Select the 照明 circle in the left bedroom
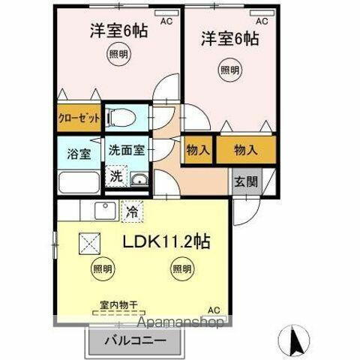pos(114,55)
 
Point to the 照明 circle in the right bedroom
pos(229,70)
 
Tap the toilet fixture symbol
pos(120,117)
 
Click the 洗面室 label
pos(125,149)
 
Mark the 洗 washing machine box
pos(116,177)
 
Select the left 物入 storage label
pos(198,149)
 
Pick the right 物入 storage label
pos(245,149)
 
